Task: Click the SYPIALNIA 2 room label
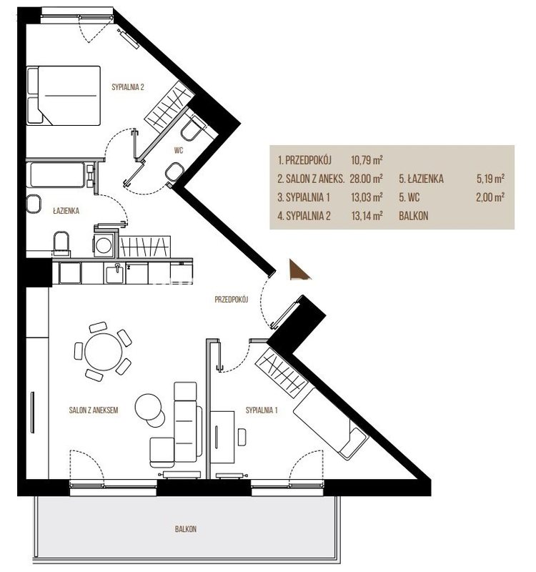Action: point(128,87)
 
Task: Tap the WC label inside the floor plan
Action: point(178,150)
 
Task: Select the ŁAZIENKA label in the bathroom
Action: point(66,211)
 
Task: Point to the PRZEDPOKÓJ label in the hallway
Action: point(231,300)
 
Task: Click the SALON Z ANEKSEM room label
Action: point(94,410)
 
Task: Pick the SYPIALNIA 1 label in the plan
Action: point(262,410)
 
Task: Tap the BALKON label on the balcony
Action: point(186,529)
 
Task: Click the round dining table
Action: point(103,352)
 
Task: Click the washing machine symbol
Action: point(104,245)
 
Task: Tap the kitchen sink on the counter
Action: point(115,273)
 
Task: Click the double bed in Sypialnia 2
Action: point(64,96)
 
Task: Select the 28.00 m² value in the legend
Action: point(366,179)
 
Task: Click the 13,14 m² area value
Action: point(367,216)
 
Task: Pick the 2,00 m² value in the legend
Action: point(490,197)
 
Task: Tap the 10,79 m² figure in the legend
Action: point(367,159)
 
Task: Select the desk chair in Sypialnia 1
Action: point(242,437)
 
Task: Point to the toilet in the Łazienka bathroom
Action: point(61,242)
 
